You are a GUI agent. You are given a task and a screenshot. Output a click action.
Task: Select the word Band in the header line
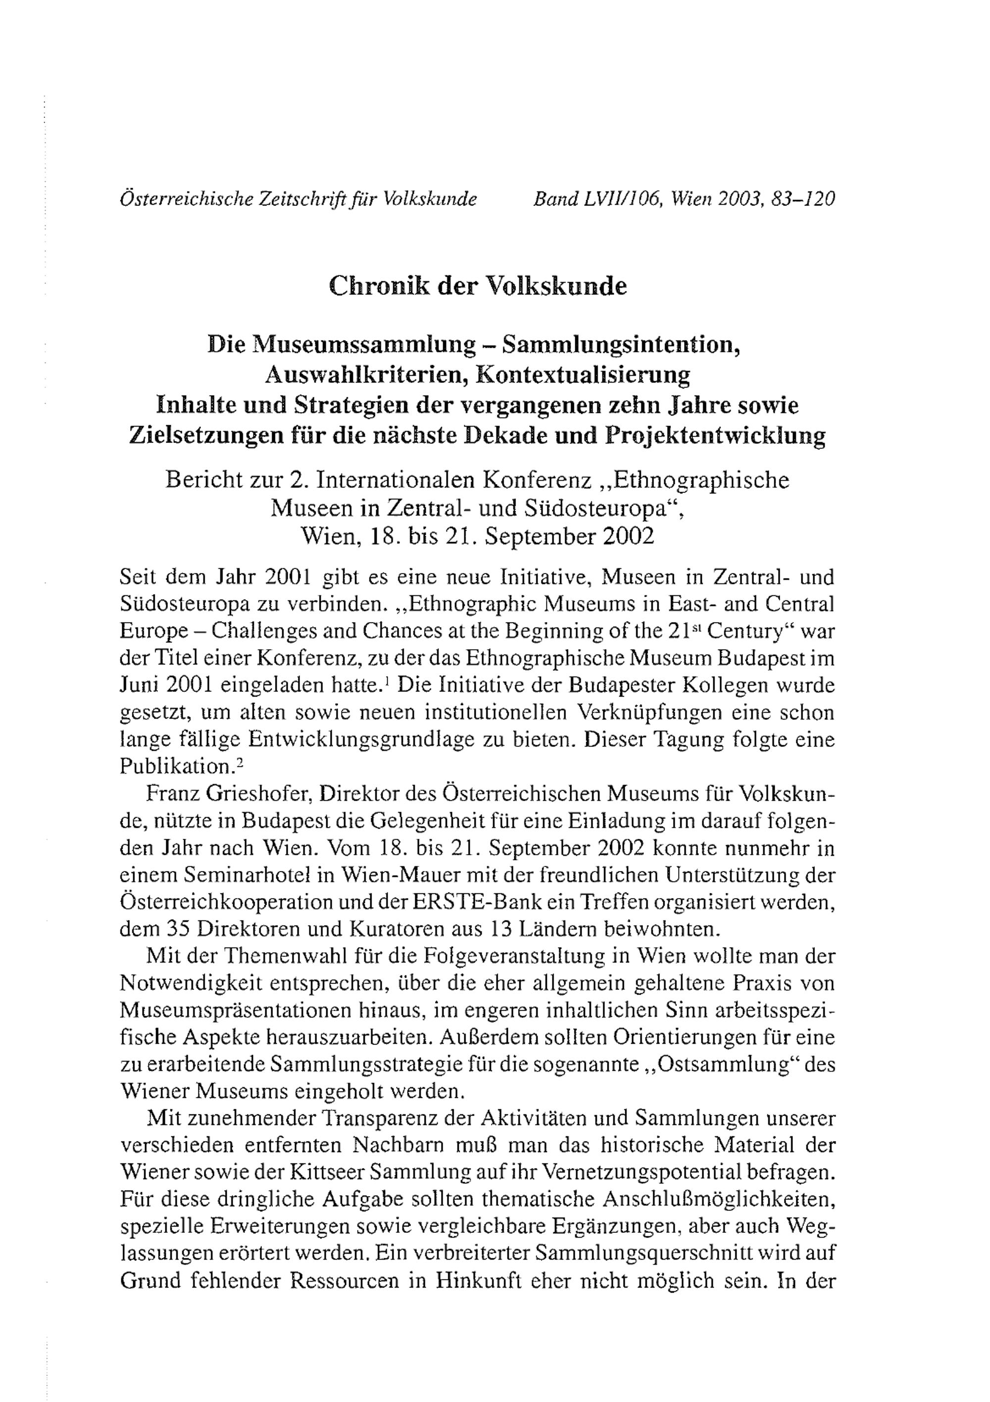tap(554, 199)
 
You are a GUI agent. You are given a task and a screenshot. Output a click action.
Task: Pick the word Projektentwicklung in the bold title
tap(715, 435)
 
